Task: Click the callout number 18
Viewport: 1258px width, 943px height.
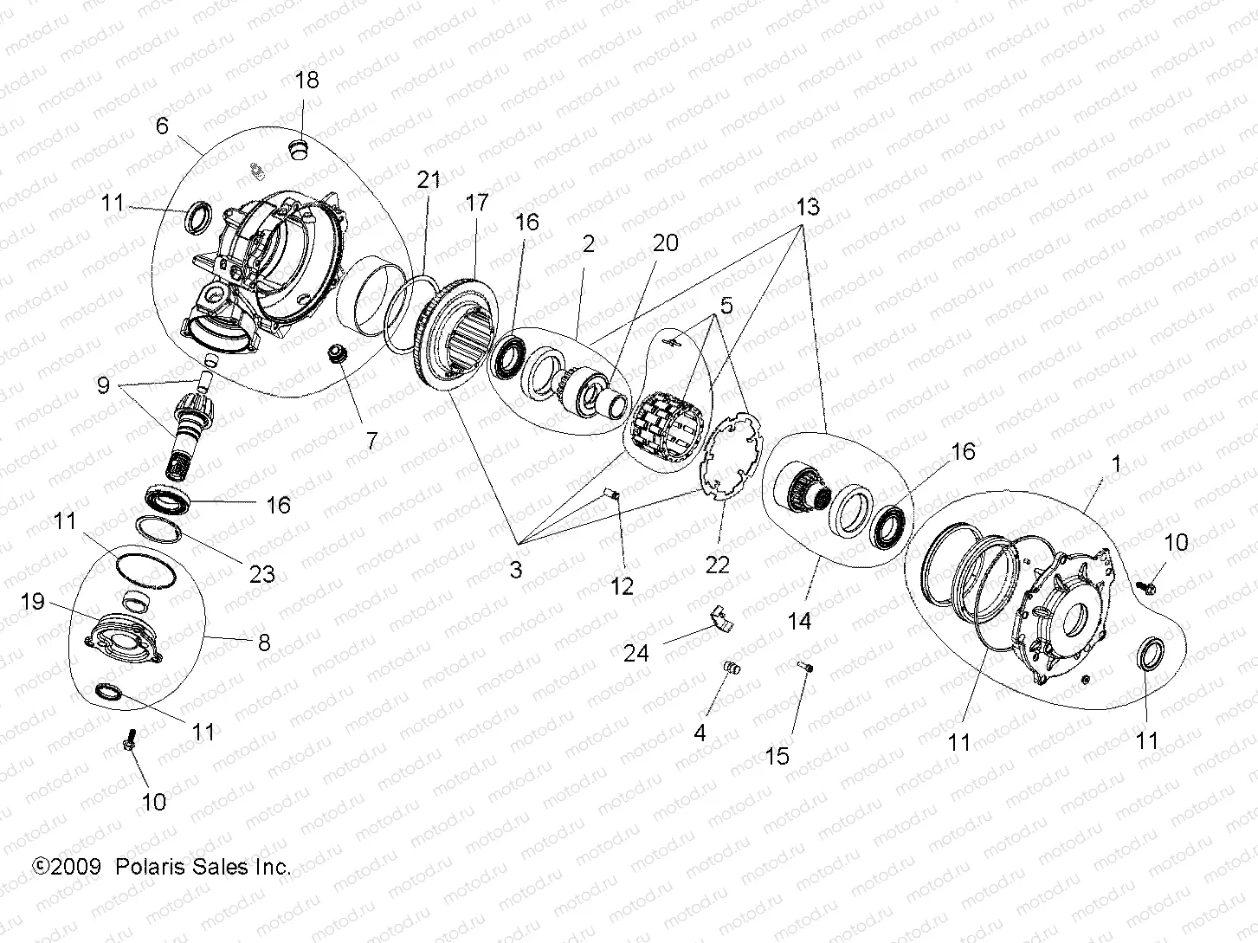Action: [306, 81]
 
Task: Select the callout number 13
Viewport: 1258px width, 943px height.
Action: [807, 209]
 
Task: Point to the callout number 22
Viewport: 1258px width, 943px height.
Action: [717, 564]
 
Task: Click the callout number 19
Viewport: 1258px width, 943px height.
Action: [33, 601]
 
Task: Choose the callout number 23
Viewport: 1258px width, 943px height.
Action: [261, 572]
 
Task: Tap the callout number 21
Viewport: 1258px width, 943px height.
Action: [429, 180]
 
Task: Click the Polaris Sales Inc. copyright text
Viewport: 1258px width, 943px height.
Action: [161, 867]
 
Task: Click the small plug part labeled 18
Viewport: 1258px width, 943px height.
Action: [299, 149]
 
